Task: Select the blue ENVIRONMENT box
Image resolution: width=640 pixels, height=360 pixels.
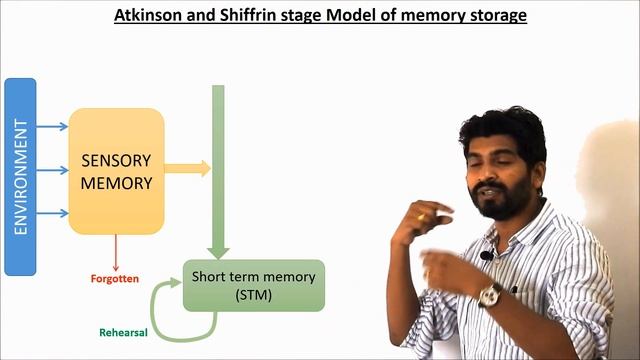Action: point(20,176)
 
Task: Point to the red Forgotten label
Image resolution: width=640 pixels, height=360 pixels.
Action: point(115,278)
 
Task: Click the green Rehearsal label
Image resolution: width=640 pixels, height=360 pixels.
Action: point(123,333)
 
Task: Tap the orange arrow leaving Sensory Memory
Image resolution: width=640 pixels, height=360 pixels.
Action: point(188,168)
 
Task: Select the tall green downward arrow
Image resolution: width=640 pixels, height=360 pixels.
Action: point(219,170)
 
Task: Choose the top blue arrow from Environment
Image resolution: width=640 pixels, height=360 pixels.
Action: point(53,127)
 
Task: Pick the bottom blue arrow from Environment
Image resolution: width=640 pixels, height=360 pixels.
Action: point(53,213)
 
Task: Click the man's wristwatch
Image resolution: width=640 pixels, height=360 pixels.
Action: point(490,295)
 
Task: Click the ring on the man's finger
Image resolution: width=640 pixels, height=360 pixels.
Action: point(422,216)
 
